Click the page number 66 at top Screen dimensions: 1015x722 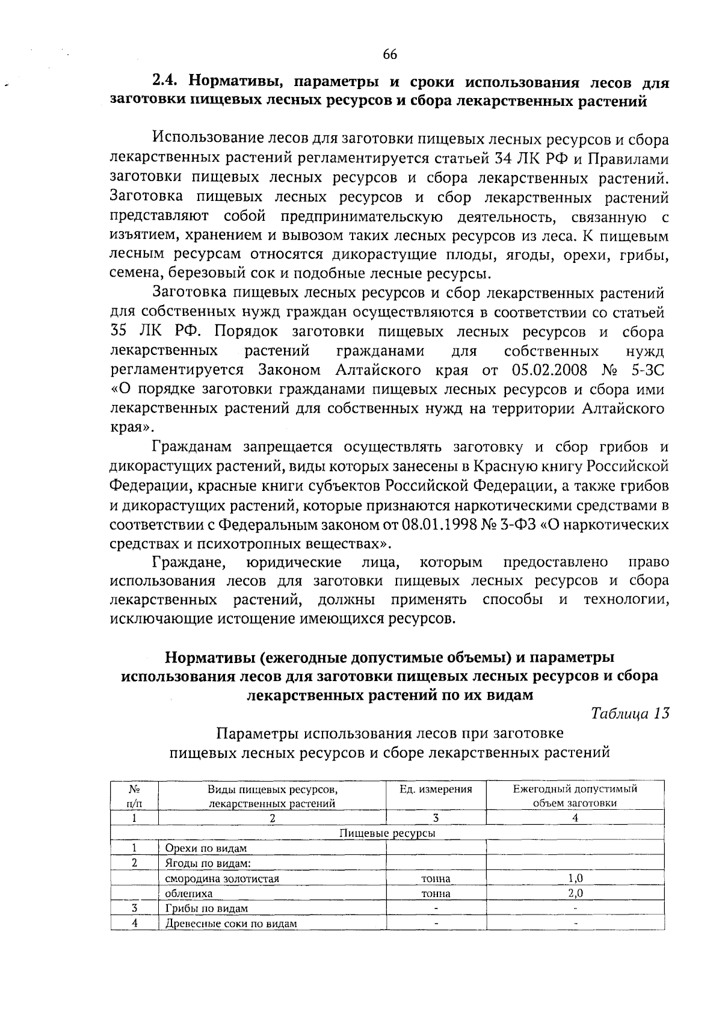click(389, 55)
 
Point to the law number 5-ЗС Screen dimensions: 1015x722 click(647, 369)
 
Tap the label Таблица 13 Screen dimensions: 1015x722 click(630, 714)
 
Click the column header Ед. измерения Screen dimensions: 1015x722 click(436, 789)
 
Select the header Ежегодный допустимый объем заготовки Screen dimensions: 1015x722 click(575, 795)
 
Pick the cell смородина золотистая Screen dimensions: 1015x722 click(222, 878)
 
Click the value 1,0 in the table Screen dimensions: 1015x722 click(575, 878)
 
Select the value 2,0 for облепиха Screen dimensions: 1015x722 click(575, 893)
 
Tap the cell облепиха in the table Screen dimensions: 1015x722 click(188, 893)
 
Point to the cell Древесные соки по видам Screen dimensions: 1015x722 click(231, 924)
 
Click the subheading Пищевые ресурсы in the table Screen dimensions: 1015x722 click(387, 833)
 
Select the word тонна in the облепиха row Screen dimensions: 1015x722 click(436, 893)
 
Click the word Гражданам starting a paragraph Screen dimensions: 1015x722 click(192, 447)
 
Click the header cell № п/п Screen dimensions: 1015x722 click(134, 795)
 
